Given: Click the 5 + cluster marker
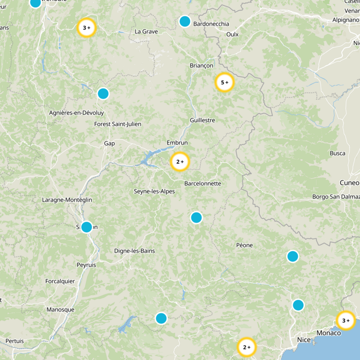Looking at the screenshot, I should pyautogui.click(x=225, y=82).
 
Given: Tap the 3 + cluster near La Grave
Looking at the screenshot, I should pyautogui.click(x=86, y=27).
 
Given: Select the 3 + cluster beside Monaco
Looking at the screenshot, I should pyautogui.click(x=346, y=320).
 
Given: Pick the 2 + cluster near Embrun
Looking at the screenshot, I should pyautogui.click(x=180, y=162).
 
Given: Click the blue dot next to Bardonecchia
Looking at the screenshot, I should pyautogui.click(x=184, y=21).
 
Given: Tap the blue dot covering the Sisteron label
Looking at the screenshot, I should pyautogui.click(x=86, y=227).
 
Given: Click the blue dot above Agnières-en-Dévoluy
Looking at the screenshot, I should pyautogui.click(x=103, y=94).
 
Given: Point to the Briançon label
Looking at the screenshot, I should pyautogui.click(x=201, y=66).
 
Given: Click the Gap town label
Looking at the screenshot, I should pyautogui.click(x=109, y=144).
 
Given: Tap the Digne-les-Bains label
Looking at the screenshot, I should pyautogui.click(x=135, y=251).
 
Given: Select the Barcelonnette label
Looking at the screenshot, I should pyautogui.click(x=202, y=184).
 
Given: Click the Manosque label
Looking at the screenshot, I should pyautogui.click(x=60, y=310).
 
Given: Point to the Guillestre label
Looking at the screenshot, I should pyautogui.click(x=202, y=121).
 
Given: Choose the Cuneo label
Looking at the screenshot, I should pyautogui.click(x=350, y=183).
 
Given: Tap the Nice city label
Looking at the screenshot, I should pyautogui.click(x=304, y=340).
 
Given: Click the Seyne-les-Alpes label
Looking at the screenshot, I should pyautogui.click(x=154, y=191).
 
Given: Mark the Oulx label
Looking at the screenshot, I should pyautogui.click(x=233, y=34).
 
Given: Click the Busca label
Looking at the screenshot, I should pyautogui.click(x=337, y=153).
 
